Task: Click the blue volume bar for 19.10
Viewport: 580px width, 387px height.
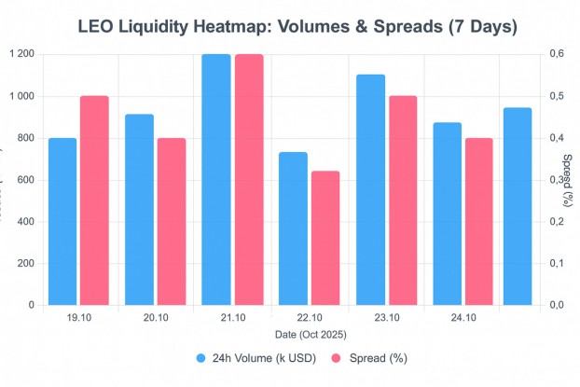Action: [62, 221]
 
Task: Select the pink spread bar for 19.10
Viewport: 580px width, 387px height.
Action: [94, 200]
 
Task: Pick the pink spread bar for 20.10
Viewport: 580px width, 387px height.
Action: [171, 221]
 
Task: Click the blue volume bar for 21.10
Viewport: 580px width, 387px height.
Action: [215, 179]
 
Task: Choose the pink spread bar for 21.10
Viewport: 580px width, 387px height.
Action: [249, 179]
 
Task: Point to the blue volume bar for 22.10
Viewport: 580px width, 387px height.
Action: [293, 228]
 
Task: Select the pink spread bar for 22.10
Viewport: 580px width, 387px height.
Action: [325, 238]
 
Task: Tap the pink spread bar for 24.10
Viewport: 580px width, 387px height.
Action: [479, 221]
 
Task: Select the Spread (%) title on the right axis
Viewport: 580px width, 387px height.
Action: [569, 180]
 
